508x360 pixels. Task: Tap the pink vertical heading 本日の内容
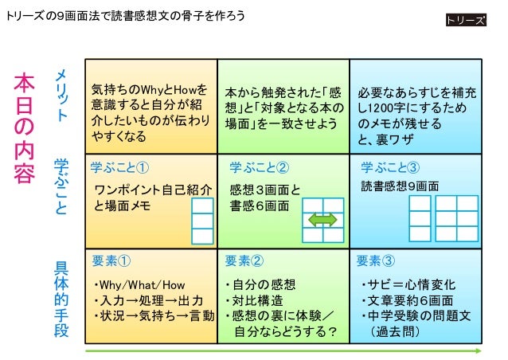[x=24, y=128]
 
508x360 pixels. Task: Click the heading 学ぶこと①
[x=120, y=167]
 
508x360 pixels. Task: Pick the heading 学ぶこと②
[x=259, y=167]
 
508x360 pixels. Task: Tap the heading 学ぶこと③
[x=389, y=167]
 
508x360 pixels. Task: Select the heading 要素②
[x=244, y=260]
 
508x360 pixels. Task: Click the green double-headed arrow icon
[x=322, y=220]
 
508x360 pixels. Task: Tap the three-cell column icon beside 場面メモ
[x=203, y=221]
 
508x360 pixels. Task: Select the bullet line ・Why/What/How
[x=139, y=284]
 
